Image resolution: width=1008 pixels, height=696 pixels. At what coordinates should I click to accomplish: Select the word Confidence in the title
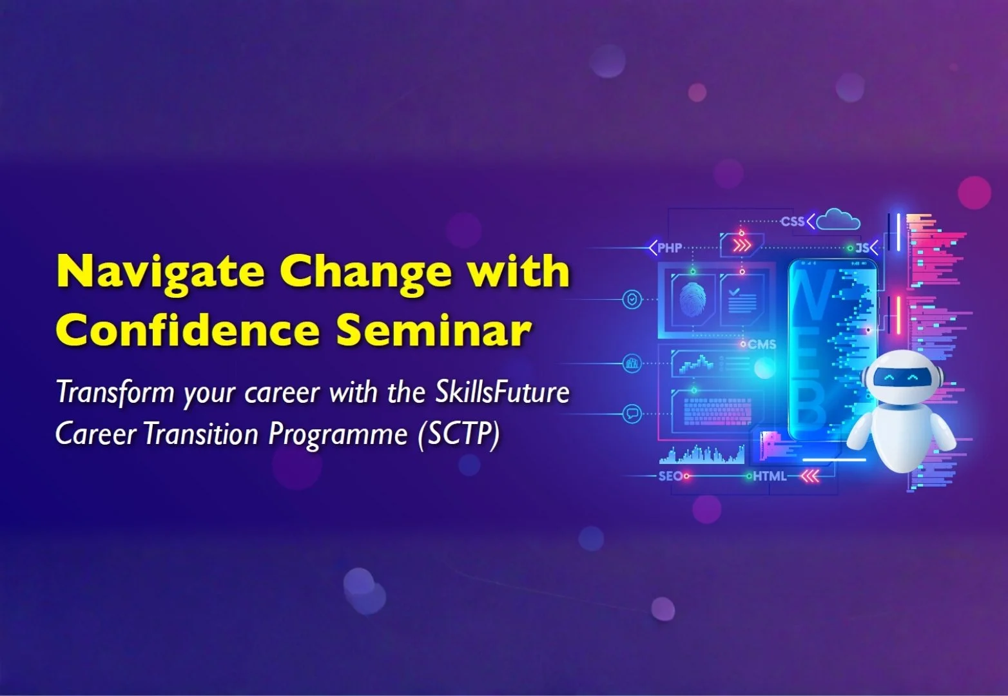187,331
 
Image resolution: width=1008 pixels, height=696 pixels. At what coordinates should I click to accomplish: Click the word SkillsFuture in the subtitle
502,392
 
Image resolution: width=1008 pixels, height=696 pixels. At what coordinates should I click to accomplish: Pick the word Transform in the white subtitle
115,392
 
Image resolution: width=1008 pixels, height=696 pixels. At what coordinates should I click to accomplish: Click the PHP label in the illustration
670,248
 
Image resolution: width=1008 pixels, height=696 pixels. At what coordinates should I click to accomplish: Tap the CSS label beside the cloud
793,222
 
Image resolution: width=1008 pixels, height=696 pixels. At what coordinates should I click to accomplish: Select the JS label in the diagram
862,248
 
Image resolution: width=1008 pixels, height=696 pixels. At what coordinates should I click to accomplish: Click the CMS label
762,345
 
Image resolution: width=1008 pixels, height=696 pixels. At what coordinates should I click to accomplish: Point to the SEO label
670,476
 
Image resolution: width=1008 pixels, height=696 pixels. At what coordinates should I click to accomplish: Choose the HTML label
770,476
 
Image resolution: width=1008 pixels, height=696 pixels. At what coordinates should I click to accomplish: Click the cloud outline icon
837,220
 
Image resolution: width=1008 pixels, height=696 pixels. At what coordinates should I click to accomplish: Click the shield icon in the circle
632,299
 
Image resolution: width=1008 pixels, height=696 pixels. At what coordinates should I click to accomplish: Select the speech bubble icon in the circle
632,414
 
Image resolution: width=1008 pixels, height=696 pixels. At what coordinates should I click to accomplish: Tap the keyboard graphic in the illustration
717,411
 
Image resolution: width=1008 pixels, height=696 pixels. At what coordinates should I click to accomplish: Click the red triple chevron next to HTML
810,476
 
